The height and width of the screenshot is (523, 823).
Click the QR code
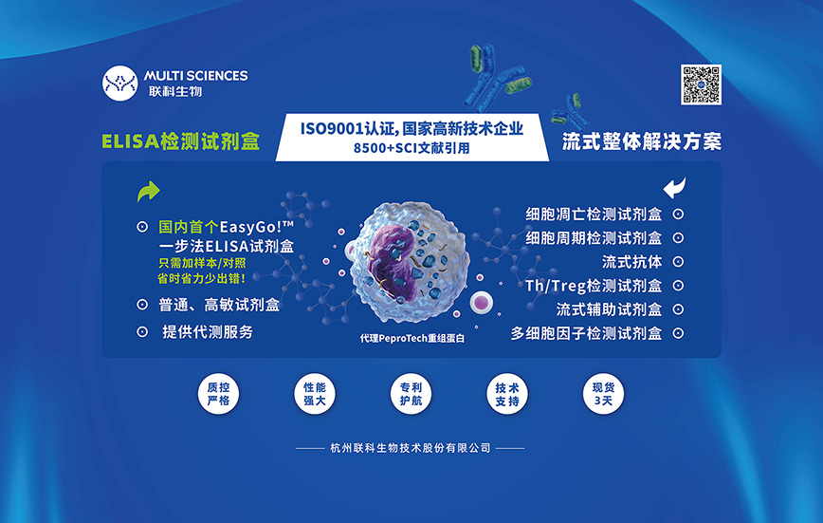point(701,84)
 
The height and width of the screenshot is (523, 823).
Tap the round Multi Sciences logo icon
point(119,83)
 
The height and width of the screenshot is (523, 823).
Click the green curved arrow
point(148,192)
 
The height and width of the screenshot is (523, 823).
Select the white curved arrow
point(674,188)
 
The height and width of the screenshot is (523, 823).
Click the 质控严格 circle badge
point(218,394)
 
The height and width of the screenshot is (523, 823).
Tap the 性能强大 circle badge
point(315,394)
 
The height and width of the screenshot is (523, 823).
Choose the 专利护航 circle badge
point(411,394)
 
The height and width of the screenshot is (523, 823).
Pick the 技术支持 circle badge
point(507,394)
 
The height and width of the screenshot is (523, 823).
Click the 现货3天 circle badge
point(603,394)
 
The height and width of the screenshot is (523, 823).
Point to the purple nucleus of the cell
point(390,253)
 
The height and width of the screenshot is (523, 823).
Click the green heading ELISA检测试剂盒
point(180,141)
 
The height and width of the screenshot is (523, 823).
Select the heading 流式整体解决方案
point(642,141)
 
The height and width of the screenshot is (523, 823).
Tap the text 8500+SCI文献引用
point(411,148)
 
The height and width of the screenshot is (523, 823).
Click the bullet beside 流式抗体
point(678,262)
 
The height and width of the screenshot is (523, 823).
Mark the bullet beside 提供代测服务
point(142,331)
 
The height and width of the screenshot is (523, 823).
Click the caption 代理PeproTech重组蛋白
point(412,339)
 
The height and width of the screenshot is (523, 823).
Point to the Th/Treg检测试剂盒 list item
point(594,286)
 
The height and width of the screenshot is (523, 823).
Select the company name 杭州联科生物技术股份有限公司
point(411,448)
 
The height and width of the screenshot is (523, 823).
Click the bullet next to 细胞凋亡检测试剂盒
point(678,214)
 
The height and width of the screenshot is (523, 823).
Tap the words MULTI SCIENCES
point(195,76)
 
